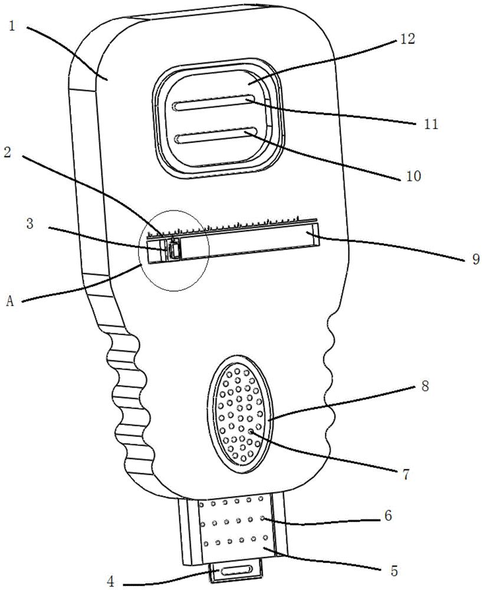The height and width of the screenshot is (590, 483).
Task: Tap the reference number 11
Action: pos(431,124)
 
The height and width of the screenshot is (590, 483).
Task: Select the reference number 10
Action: pos(413,176)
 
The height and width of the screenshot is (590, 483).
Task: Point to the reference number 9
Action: pos(475,259)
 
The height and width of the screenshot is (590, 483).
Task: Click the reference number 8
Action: pos(425,386)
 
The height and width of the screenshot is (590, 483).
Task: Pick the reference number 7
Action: pos(406,475)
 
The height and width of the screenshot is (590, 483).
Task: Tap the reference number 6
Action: pos(388,515)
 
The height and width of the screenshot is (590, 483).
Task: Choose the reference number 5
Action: pos(394,571)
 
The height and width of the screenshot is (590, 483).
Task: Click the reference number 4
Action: pos(110,582)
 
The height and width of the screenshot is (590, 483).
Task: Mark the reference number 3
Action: pos(29,224)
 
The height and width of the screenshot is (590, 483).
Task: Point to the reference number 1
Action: pos(12,27)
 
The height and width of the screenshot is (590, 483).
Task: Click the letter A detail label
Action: pos(10,301)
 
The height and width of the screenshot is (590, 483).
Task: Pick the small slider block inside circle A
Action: pos(173,249)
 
